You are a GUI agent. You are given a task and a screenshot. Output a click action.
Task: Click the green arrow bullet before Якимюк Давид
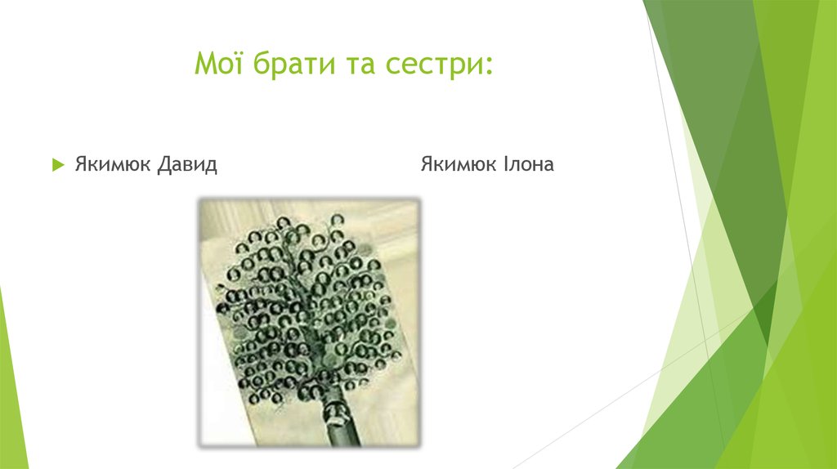(57, 165)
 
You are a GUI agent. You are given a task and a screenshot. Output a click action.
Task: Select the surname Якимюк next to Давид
(112, 165)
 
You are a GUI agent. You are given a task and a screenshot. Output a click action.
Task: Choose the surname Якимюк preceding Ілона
(458, 165)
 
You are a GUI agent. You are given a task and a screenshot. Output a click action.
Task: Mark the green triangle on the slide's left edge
(11, 384)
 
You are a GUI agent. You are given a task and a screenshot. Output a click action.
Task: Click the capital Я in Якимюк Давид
(81, 165)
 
